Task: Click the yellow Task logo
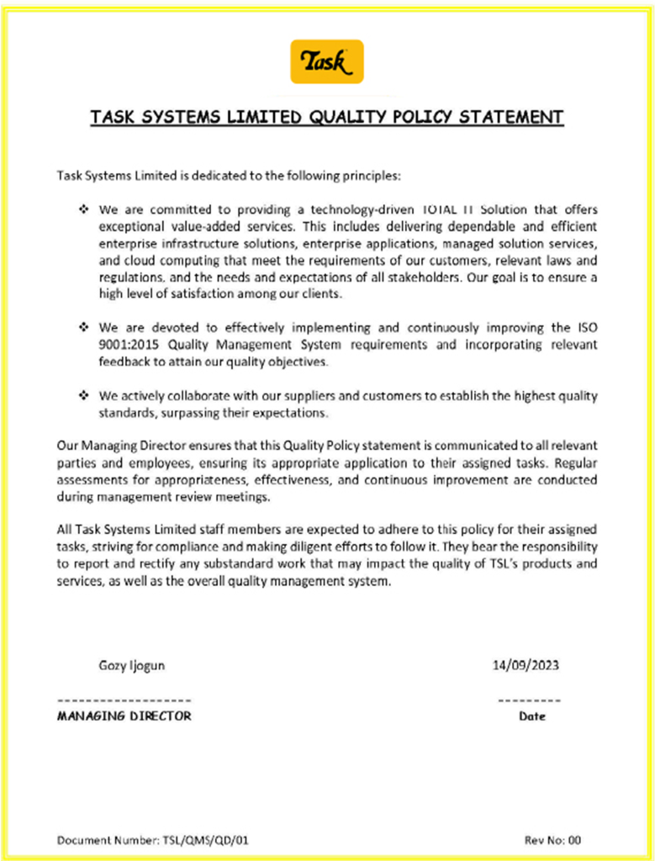tap(327, 61)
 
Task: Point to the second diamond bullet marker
tap(83, 326)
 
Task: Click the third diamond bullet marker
tap(83, 395)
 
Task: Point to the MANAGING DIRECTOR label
tap(124, 716)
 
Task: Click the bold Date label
tap(532, 717)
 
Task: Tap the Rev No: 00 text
tap(552, 839)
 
